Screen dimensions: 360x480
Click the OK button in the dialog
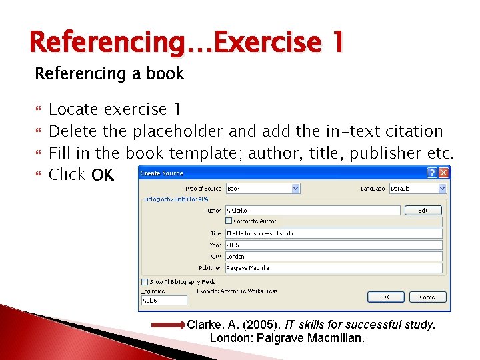tap(387, 297)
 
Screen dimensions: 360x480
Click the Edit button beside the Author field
tap(423, 210)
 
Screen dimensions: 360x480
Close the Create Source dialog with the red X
tap(444, 172)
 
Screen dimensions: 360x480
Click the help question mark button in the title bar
tap(432, 172)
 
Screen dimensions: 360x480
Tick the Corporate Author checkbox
tap(229, 221)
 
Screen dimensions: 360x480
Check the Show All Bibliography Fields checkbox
tap(144, 281)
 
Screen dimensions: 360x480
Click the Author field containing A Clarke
tap(313, 210)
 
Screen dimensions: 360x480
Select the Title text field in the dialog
tap(333, 233)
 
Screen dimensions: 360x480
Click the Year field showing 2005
tap(333, 245)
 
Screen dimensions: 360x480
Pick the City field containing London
tap(333, 256)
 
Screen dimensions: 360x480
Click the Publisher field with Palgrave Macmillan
tap(333, 268)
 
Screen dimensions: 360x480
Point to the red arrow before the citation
tap(169, 325)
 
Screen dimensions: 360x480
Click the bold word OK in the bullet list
tap(103, 175)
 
